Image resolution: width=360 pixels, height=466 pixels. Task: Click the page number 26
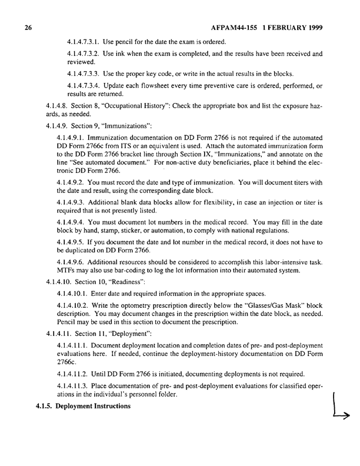(x=28, y=28)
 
